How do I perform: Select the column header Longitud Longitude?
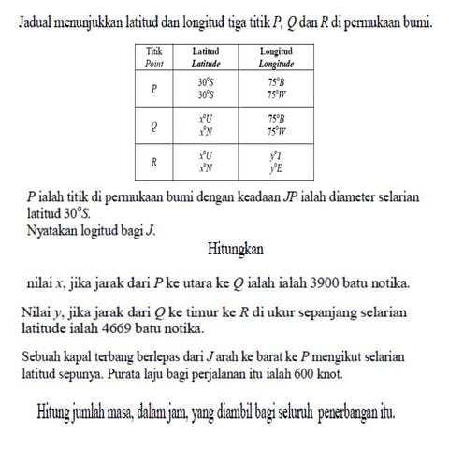[x=276, y=56]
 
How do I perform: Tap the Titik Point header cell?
[x=152, y=56]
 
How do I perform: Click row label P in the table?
[x=152, y=89]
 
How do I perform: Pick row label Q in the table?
[x=152, y=125]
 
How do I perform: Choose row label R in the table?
[x=152, y=161]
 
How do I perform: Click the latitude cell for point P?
[x=206, y=89]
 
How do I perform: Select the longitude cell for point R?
[x=276, y=161]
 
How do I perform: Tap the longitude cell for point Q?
[x=276, y=125]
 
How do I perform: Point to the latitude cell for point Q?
[x=206, y=125]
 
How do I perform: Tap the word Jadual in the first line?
[x=37, y=19]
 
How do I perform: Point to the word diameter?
[x=337, y=197]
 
